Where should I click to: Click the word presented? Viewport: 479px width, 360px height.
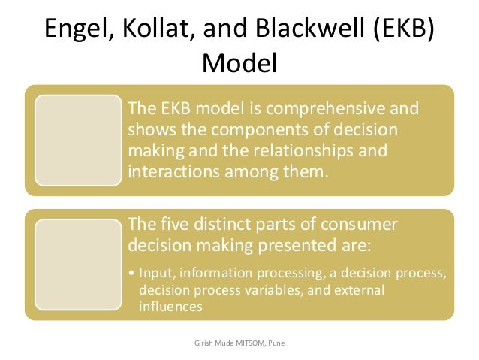click(x=297, y=247)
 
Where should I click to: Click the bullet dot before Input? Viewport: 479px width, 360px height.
click(x=132, y=271)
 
